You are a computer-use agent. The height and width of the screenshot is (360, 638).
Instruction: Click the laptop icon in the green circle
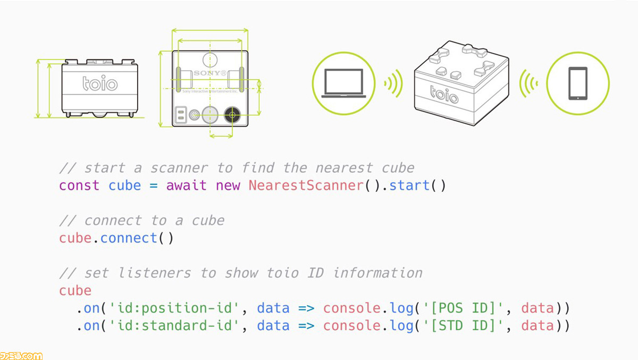tap(343, 83)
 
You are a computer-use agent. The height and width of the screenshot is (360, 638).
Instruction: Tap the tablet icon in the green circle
tap(578, 83)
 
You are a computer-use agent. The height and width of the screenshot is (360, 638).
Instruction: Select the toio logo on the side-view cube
tap(100, 83)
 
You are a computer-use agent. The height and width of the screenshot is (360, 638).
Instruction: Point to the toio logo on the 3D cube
tap(444, 94)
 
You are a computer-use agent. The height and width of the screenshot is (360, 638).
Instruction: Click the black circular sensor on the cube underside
tap(232, 115)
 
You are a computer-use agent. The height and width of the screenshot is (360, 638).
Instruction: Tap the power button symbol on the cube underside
tap(194, 115)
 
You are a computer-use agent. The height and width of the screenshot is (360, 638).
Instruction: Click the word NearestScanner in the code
tap(306, 186)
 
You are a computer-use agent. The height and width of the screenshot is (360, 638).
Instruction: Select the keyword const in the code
tap(79, 186)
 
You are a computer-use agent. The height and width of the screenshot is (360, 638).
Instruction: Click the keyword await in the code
tap(186, 186)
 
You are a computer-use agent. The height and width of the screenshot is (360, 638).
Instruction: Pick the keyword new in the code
tap(228, 186)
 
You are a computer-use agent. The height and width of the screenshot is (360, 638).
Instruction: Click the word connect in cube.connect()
tap(129, 238)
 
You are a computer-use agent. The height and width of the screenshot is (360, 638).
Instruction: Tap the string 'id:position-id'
tap(174, 308)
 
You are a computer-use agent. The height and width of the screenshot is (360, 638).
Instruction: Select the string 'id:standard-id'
tap(174, 326)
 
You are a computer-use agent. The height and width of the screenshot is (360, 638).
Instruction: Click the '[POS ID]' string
tap(463, 308)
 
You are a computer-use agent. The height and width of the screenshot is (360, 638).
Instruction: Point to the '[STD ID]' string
tap(463, 326)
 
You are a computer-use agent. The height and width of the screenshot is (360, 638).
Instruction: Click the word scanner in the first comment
tap(179, 168)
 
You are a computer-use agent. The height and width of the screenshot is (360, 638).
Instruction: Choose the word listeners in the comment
tap(155, 273)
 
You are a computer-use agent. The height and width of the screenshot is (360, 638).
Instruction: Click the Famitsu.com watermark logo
tap(21, 356)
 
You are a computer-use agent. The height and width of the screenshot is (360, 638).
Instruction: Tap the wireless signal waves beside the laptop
tap(393, 83)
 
